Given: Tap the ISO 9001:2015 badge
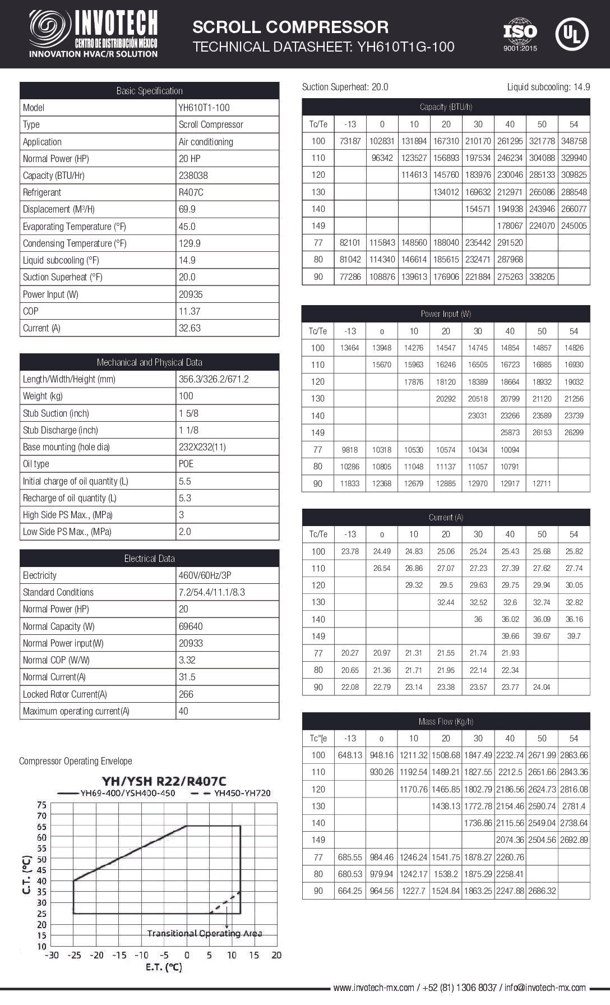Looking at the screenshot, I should pyautogui.click(x=520, y=34).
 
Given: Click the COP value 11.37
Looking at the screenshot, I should pyautogui.click(x=189, y=311).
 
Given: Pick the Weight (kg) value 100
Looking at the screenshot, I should pyautogui.click(x=186, y=396).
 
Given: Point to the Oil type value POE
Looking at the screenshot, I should pyautogui.click(x=186, y=464).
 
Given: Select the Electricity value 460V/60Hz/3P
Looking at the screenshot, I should pyautogui.click(x=212, y=575).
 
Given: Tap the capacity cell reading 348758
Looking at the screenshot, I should pyautogui.click(x=574, y=141).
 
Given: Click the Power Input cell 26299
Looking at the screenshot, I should pyautogui.click(x=574, y=432).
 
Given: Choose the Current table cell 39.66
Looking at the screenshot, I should pyautogui.click(x=510, y=636).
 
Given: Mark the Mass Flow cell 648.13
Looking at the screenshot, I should pyautogui.click(x=350, y=755).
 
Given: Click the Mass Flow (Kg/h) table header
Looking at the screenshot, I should pyautogui.click(x=446, y=721).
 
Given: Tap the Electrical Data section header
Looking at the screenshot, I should pyautogui.click(x=149, y=559).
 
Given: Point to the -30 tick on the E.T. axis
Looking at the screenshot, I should pyautogui.click(x=52, y=955).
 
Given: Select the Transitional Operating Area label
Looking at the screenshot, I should pyautogui.click(x=205, y=933).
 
